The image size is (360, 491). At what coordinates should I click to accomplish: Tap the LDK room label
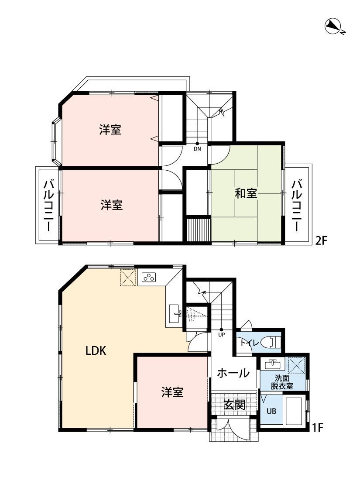96,351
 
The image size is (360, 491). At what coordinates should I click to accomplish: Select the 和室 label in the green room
246,193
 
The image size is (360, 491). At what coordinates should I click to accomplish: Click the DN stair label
197,149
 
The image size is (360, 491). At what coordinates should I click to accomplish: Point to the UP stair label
221,335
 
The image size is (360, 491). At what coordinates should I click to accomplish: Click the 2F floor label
321,241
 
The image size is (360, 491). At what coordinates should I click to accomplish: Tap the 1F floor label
317,427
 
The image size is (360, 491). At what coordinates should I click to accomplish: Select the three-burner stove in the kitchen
148,277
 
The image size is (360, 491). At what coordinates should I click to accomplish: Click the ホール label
233,373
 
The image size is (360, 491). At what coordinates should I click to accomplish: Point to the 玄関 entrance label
234,405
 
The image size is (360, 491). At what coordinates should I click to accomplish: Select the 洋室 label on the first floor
172,392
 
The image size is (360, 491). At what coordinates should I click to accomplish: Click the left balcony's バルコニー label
48,205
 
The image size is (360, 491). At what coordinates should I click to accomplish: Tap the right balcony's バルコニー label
297,205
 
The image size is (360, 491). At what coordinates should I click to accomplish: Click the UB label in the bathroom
271,411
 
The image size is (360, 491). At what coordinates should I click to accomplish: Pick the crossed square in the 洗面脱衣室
296,365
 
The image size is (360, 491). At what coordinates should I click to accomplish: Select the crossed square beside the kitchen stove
128,278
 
